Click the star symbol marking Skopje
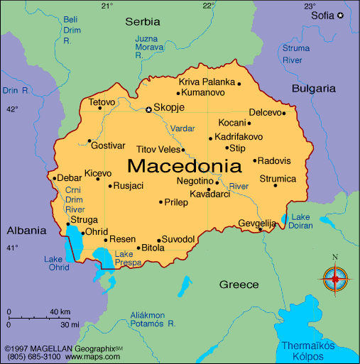click(148, 109)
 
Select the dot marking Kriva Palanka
click(239, 84)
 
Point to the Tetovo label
click(102, 102)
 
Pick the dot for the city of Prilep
click(161, 202)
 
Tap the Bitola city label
click(153, 248)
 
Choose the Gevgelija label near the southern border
click(256, 223)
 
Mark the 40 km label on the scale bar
click(60, 312)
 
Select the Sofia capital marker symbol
click(340, 15)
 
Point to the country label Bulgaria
click(313, 89)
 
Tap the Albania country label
click(26, 230)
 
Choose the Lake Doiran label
click(301, 221)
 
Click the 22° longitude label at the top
click(209, 6)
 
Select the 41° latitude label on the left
click(12, 248)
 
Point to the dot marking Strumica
click(276, 186)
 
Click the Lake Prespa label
click(124, 258)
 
